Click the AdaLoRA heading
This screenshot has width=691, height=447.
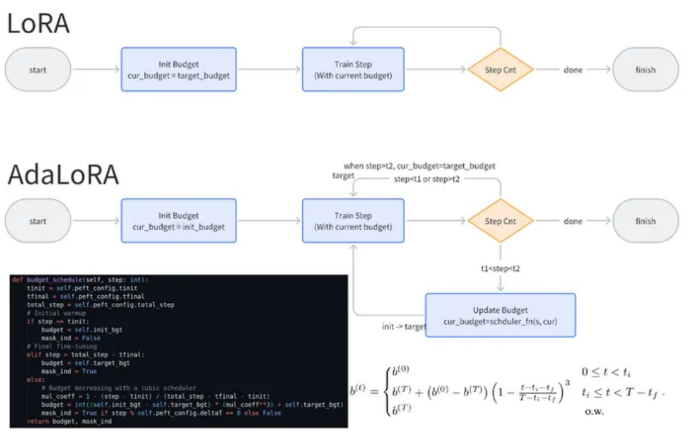point(63,175)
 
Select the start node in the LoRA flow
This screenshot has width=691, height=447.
point(38,70)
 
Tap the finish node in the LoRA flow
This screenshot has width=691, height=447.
point(645,70)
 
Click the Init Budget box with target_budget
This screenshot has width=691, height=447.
point(178,70)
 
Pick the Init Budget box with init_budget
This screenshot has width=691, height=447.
point(178,221)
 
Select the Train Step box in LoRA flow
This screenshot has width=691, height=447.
point(353,70)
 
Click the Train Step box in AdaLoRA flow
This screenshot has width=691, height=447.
point(353,221)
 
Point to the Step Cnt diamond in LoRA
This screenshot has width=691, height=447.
point(500,70)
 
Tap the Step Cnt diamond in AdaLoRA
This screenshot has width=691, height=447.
point(500,221)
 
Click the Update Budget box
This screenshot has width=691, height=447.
point(500,315)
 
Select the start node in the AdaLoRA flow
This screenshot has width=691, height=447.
point(38,221)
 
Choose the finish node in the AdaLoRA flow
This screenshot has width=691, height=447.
point(645,221)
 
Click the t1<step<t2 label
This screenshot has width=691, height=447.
point(500,268)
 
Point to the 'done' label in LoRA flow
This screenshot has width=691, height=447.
point(573,70)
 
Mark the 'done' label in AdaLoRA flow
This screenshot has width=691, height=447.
point(573,221)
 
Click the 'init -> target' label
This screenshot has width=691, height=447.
point(404,327)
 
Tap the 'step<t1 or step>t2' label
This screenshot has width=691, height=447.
point(427,179)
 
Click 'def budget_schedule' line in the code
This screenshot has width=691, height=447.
point(81,280)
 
